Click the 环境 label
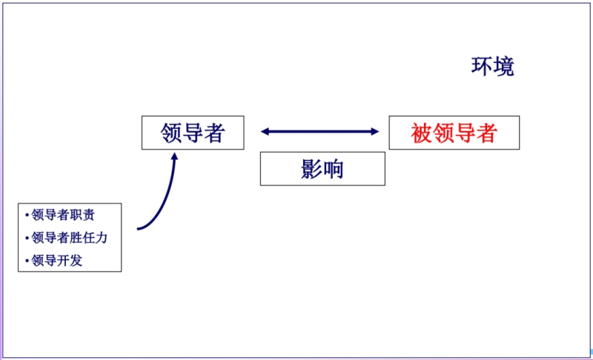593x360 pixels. click(x=493, y=67)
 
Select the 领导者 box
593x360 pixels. click(x=193, y=133)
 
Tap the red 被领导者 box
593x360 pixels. click(x=454, y=133)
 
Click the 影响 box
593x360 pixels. click(x=322, y=169)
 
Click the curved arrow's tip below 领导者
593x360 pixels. click(x=175, y=156)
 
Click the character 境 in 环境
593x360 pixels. click(x=504, y=67)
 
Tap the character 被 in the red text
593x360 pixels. click(x=422, y=133)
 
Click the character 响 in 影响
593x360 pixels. click(x=334, y=169)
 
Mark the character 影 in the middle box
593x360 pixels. click(x=311, y=169)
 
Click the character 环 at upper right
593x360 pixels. click(x=482, y=67)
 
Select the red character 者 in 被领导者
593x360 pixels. click(x=486, y=133)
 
